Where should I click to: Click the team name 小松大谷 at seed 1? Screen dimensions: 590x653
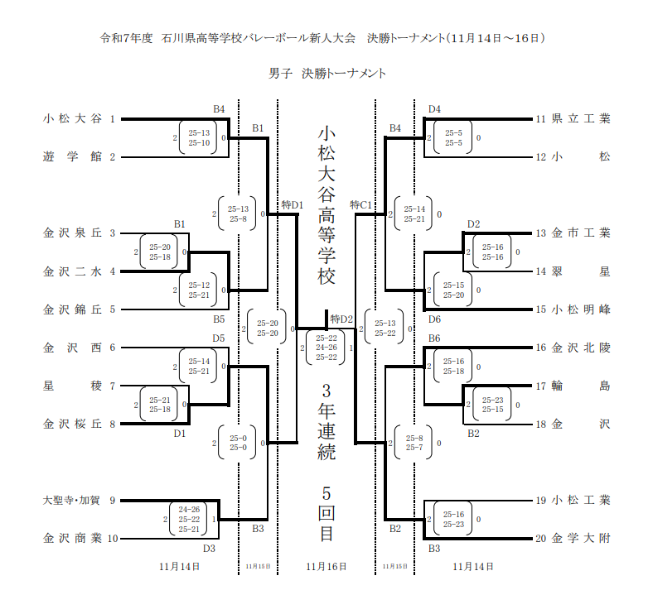[72, 119]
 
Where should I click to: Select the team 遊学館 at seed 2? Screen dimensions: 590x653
[72, 156]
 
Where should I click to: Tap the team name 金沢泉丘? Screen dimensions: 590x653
[72, 233]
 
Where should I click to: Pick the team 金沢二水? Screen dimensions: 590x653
[72, 271]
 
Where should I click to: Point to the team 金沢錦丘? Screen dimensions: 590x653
[72, 309]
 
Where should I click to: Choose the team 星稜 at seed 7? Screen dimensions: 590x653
[72, 386]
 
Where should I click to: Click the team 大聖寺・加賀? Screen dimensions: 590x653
[70, 501]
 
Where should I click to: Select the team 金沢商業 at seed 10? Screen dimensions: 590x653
[72, 539]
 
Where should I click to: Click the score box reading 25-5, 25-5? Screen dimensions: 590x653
[453, 138]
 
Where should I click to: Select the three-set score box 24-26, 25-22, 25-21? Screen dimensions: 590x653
[189, 519]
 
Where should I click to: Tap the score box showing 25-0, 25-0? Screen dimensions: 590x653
[239, 443]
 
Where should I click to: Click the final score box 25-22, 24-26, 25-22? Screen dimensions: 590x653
[326, 348]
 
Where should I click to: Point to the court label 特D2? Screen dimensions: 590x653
[341, 319]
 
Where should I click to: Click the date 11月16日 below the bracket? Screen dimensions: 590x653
[326, 566]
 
